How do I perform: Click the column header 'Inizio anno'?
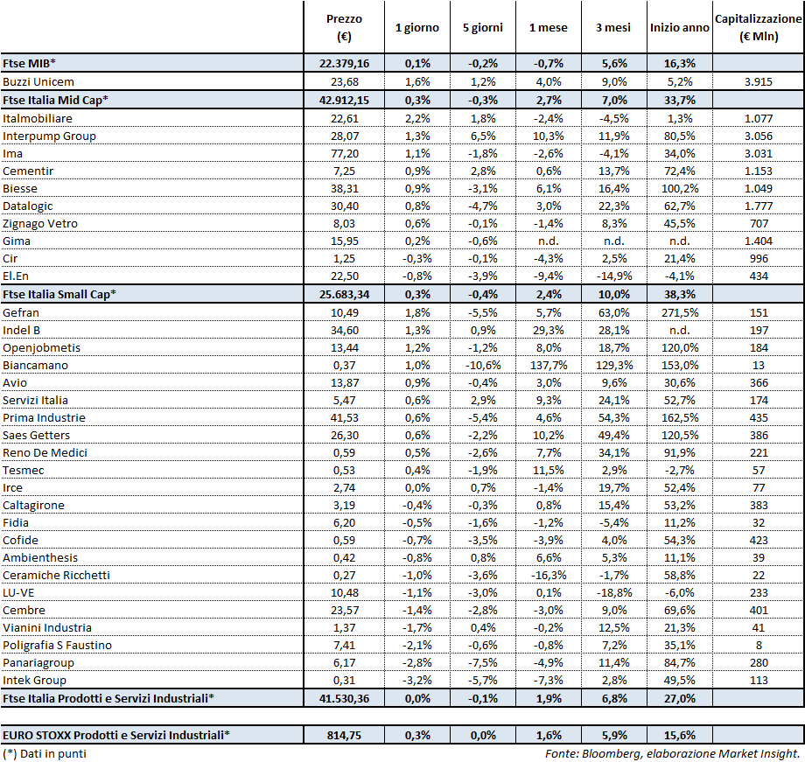679,27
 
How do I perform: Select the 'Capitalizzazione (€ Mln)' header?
759,27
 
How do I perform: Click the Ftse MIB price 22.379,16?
344,64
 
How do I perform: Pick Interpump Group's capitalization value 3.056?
759,136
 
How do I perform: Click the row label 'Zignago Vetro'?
40,223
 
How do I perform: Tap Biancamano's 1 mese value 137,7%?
548,365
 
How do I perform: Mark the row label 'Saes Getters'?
37,435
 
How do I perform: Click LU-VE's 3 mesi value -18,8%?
612,592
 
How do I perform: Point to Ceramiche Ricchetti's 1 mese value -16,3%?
548,575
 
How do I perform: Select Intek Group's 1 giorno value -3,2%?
417,680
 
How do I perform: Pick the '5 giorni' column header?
482,27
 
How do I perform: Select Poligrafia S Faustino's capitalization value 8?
759,645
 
